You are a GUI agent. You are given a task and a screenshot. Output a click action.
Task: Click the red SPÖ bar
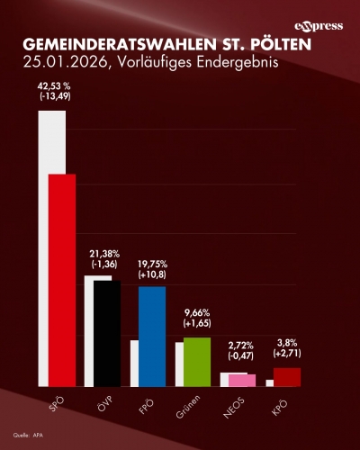pyautogui.click(x=62, y=279)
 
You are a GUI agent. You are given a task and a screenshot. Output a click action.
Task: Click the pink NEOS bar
pyautogui.click(x=242, y=380)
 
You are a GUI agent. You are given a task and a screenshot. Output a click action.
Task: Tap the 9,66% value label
pyautogui.click(x=197, y=310)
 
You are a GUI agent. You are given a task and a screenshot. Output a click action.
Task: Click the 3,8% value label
pyautogui.click(x=287, y=342)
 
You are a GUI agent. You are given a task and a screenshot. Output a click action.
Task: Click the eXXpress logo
pyautogui.click(x=319, y=26)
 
